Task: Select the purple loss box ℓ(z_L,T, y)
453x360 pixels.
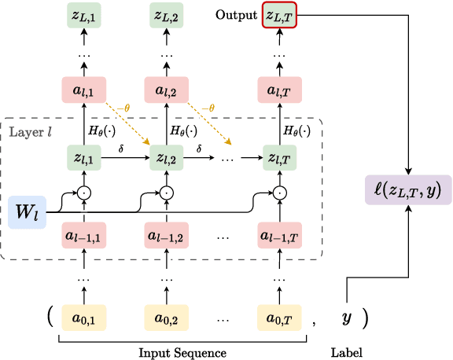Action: pyautogui.click(x=408, y=189)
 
